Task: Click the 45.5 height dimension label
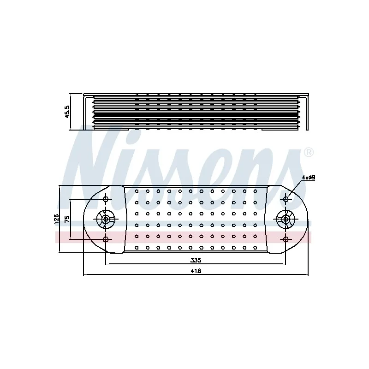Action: pyautogui.click(x=67, y=112)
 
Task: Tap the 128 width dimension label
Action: pyautogui.click(x=57, y=219)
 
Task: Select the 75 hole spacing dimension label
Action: pyautogui.click(x=67, y=219)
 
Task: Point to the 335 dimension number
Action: pyautogui.click(x=196, y=260)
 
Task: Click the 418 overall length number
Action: pyautogui.click(x=196, y=271)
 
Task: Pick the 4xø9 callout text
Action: pyautogui.click(x=309, y=178)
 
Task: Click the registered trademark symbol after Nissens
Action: pyautogui.click(x=309, y=153)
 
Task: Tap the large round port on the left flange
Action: pyautogui.click(x=106, y=220)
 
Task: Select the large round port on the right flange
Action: pyautogui.click(x=286, y=220)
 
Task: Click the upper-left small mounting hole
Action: pyautogui.click(x=106, y=199)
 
